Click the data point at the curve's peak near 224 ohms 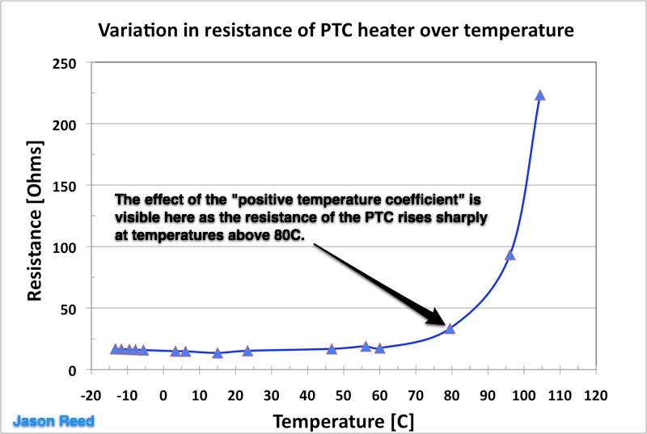tap(540, 95)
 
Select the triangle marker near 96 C tap(510, 255)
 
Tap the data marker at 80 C tap(450, 328)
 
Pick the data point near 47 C tap(332, 349)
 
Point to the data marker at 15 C tap(218, 353)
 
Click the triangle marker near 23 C tap(247, 351)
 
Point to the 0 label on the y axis tap(73, 370)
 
